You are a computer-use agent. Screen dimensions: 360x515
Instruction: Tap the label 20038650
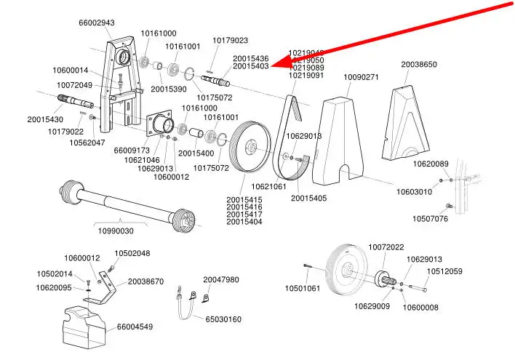click(x=419, y=64)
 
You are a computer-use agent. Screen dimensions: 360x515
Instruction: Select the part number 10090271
click(x=361, y=77)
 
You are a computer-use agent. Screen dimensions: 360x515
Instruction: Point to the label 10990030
click(x=116, y=231)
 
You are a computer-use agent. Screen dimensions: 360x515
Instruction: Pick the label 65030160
click(x=223, y=319)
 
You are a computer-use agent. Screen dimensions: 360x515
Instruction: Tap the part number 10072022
click(x=386, y=247)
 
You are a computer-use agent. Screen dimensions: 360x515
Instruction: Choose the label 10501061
click(x=302, y=289)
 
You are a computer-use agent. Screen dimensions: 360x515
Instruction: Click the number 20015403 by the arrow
click(x=250, y=66)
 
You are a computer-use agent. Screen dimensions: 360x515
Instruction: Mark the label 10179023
click(x=230, y=40)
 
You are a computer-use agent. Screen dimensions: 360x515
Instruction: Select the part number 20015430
click(x=45, y=119)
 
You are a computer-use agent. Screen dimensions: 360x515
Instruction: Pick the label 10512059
click(x=444, y=271)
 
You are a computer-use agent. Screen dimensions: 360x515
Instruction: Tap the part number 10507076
click(x=431, y=218)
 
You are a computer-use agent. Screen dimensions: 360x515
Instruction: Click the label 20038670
click(x=146, y=281)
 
